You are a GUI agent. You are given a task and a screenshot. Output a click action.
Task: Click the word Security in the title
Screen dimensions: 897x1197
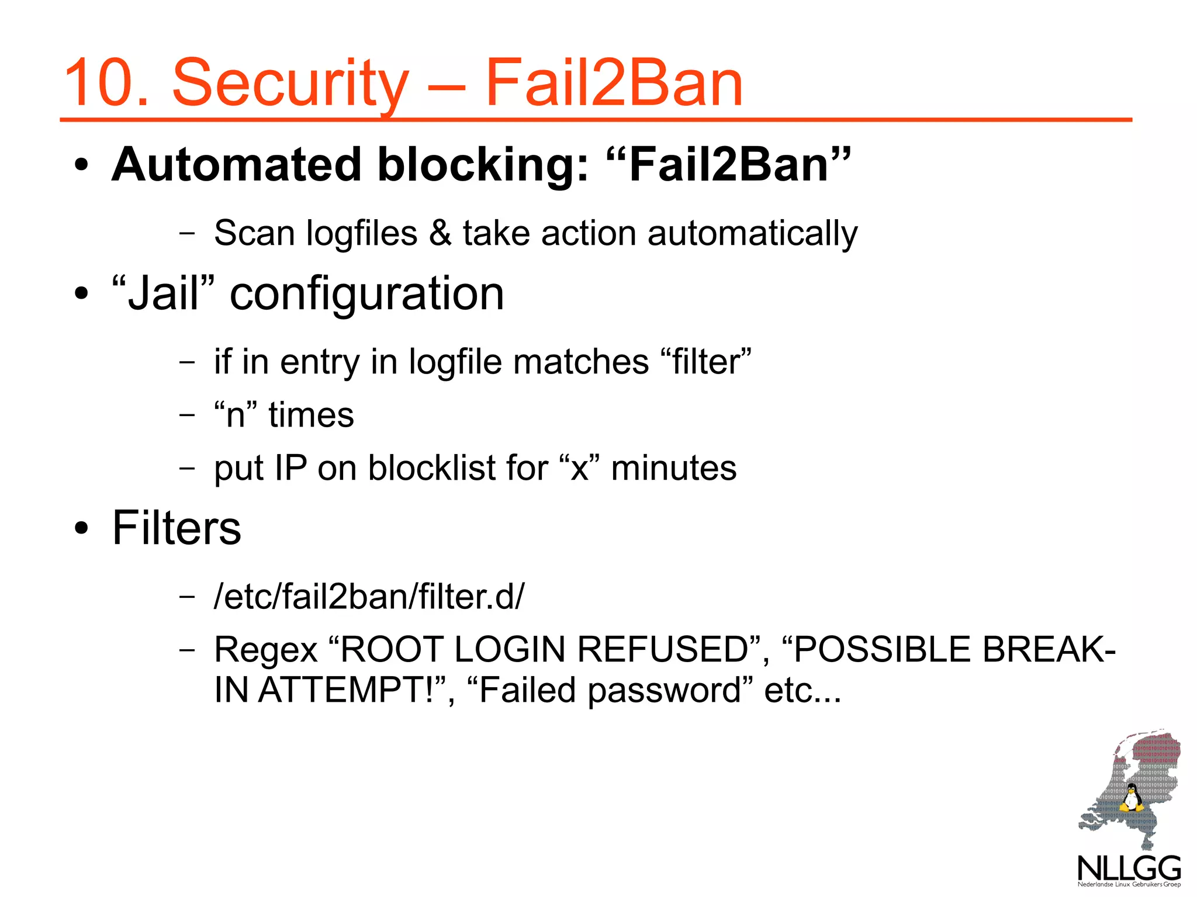point(290,83)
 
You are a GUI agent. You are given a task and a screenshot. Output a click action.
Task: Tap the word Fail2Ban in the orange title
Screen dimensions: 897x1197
point(614,83)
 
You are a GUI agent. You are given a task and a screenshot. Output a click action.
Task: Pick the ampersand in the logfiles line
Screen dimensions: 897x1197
point(440,233)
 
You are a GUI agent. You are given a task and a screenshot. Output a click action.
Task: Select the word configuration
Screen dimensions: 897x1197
point(366,294)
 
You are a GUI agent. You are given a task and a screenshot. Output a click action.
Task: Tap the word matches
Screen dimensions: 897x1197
point(581,361)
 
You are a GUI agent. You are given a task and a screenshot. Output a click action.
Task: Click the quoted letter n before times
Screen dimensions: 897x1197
point(235,414)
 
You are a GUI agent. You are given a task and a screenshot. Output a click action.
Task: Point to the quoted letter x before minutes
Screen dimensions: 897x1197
point(579,467)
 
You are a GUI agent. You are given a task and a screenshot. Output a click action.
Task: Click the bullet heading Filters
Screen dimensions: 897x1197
point(177,528)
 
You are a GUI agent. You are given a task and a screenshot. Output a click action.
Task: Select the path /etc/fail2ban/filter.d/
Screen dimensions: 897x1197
point(369,596)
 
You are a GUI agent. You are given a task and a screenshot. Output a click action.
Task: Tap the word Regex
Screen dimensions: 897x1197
point(266,650)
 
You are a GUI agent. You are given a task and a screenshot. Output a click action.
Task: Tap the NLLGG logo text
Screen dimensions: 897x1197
point(1129,868)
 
